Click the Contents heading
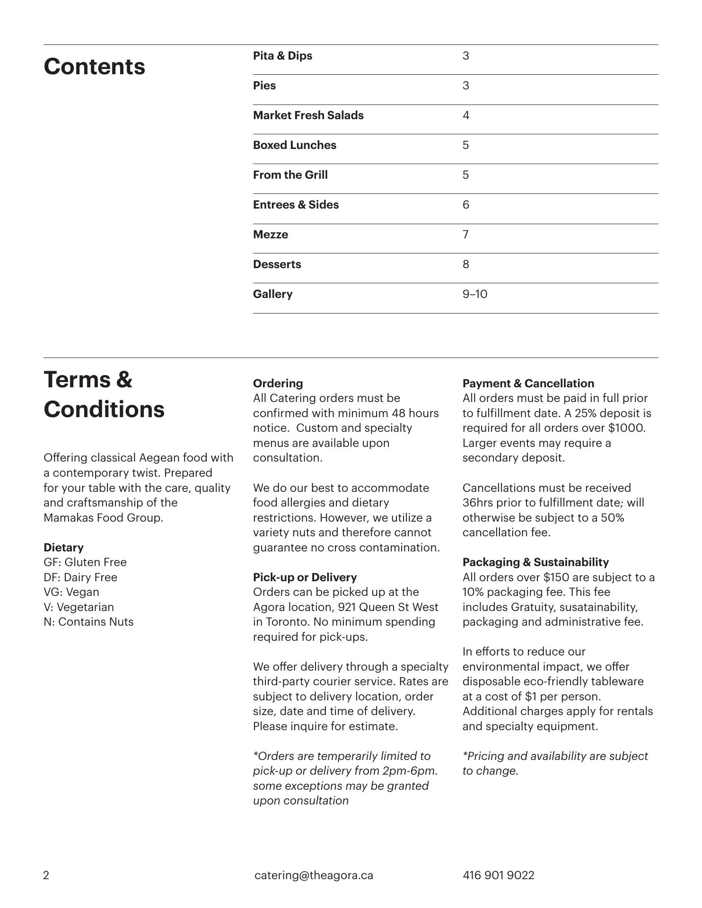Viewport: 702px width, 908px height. (94, 67)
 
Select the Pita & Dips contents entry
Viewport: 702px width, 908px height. (282, 56)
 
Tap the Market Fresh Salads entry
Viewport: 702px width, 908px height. (308, 115)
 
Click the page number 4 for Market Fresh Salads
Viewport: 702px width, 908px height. (465, 115)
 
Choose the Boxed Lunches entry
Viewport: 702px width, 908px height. (294, 145)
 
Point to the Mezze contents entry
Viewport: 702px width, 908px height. (270, 235)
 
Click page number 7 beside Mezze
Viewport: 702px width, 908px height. (465, 235)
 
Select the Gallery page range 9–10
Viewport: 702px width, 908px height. (474, 294)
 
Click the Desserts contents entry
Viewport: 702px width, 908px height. (277, 264)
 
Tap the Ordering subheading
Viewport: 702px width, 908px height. (278, 384)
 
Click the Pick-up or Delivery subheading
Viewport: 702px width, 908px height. (305, 577)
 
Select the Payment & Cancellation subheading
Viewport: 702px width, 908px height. (528, 384)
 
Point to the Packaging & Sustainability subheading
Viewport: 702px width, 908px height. (535, 562)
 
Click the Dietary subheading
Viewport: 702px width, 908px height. (63, 548)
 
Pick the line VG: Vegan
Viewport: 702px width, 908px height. (71, 592)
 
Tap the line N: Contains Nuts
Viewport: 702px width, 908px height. (88, 622)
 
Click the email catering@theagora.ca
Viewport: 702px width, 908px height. (314, 875)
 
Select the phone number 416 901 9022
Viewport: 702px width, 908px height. (498, 875)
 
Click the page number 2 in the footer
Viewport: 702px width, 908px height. (46, 875)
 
